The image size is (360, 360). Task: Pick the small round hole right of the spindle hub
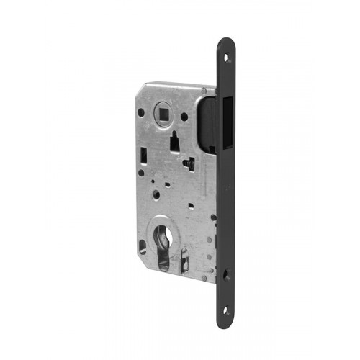click(x=184, y=115)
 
